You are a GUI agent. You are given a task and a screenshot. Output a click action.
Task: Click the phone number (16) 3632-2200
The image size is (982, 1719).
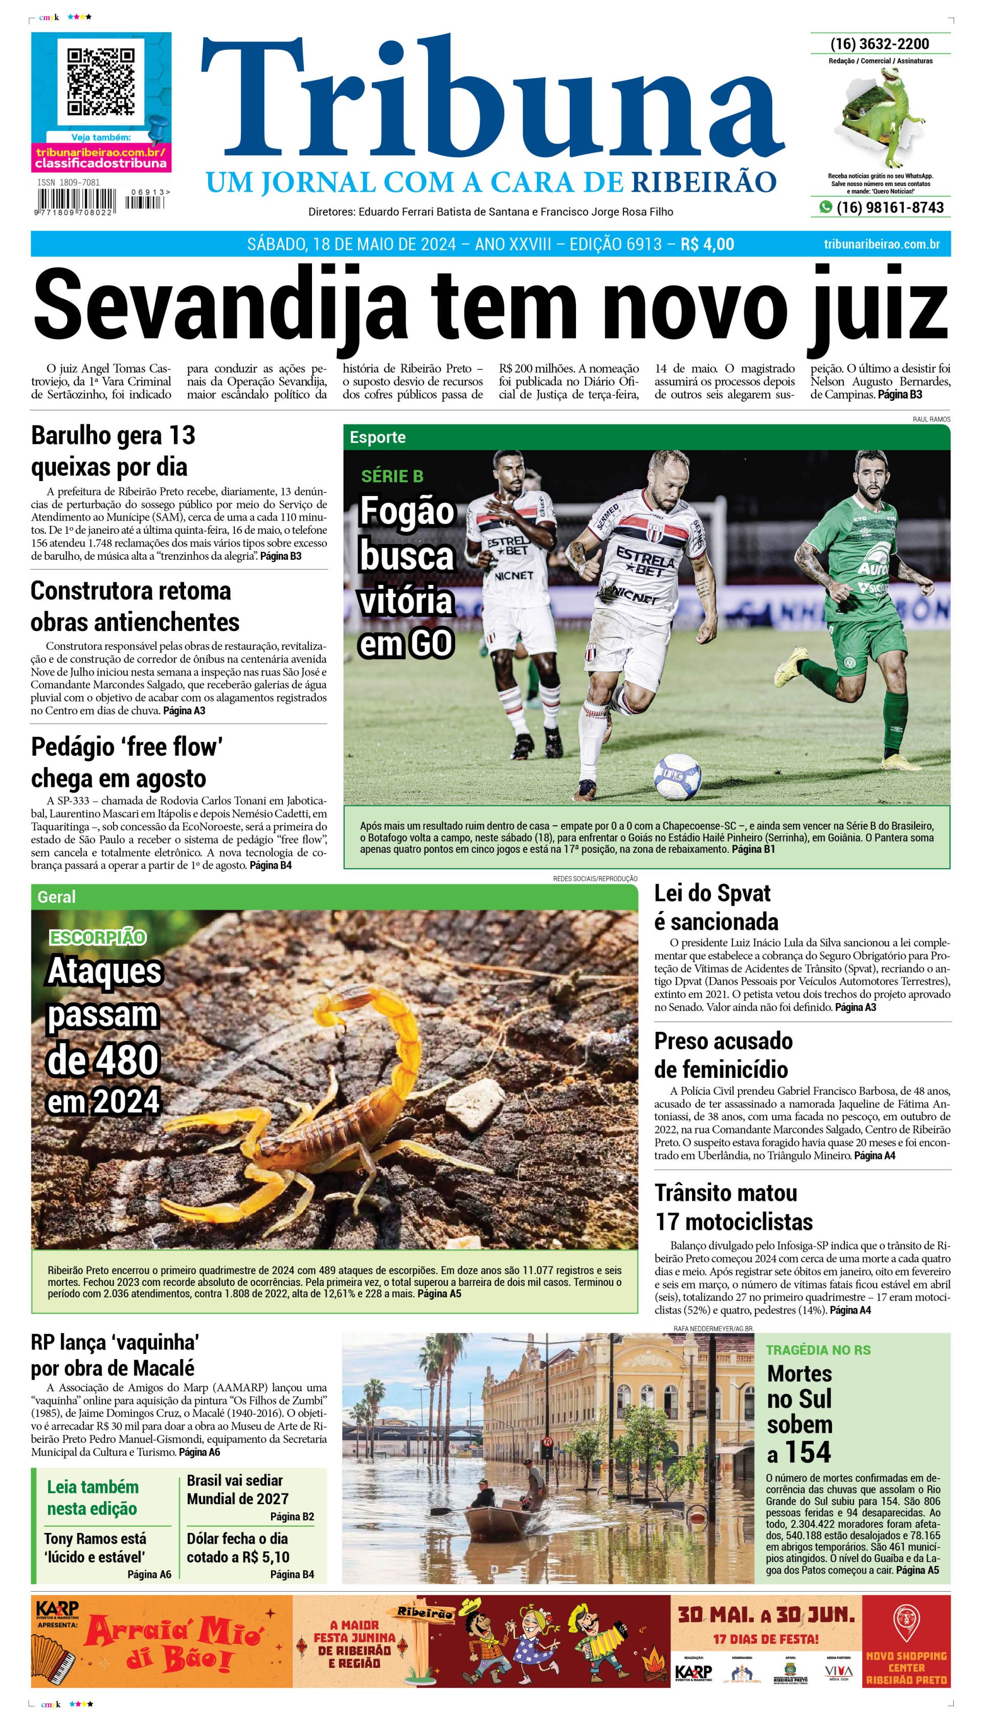(880, 44)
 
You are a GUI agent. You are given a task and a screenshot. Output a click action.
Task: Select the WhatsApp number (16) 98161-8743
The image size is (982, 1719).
(889, 208)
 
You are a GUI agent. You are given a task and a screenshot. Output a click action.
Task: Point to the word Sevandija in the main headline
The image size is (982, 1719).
(219, 307)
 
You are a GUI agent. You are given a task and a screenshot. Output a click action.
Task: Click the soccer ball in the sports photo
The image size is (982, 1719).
(677, 777)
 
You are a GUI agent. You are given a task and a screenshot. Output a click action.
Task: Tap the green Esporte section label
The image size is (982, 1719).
(377, 437)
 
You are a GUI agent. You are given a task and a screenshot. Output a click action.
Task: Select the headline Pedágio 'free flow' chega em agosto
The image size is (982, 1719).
(126, 762)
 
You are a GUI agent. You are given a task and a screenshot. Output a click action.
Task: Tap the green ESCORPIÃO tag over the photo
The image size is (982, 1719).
(97, 937)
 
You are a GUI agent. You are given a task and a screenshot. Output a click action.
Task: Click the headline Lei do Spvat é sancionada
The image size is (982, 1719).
(716, 907)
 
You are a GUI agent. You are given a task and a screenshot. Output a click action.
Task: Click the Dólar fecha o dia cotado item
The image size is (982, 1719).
(237, 1548)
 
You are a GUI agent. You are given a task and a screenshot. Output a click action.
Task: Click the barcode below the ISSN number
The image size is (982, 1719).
(76, 201)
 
